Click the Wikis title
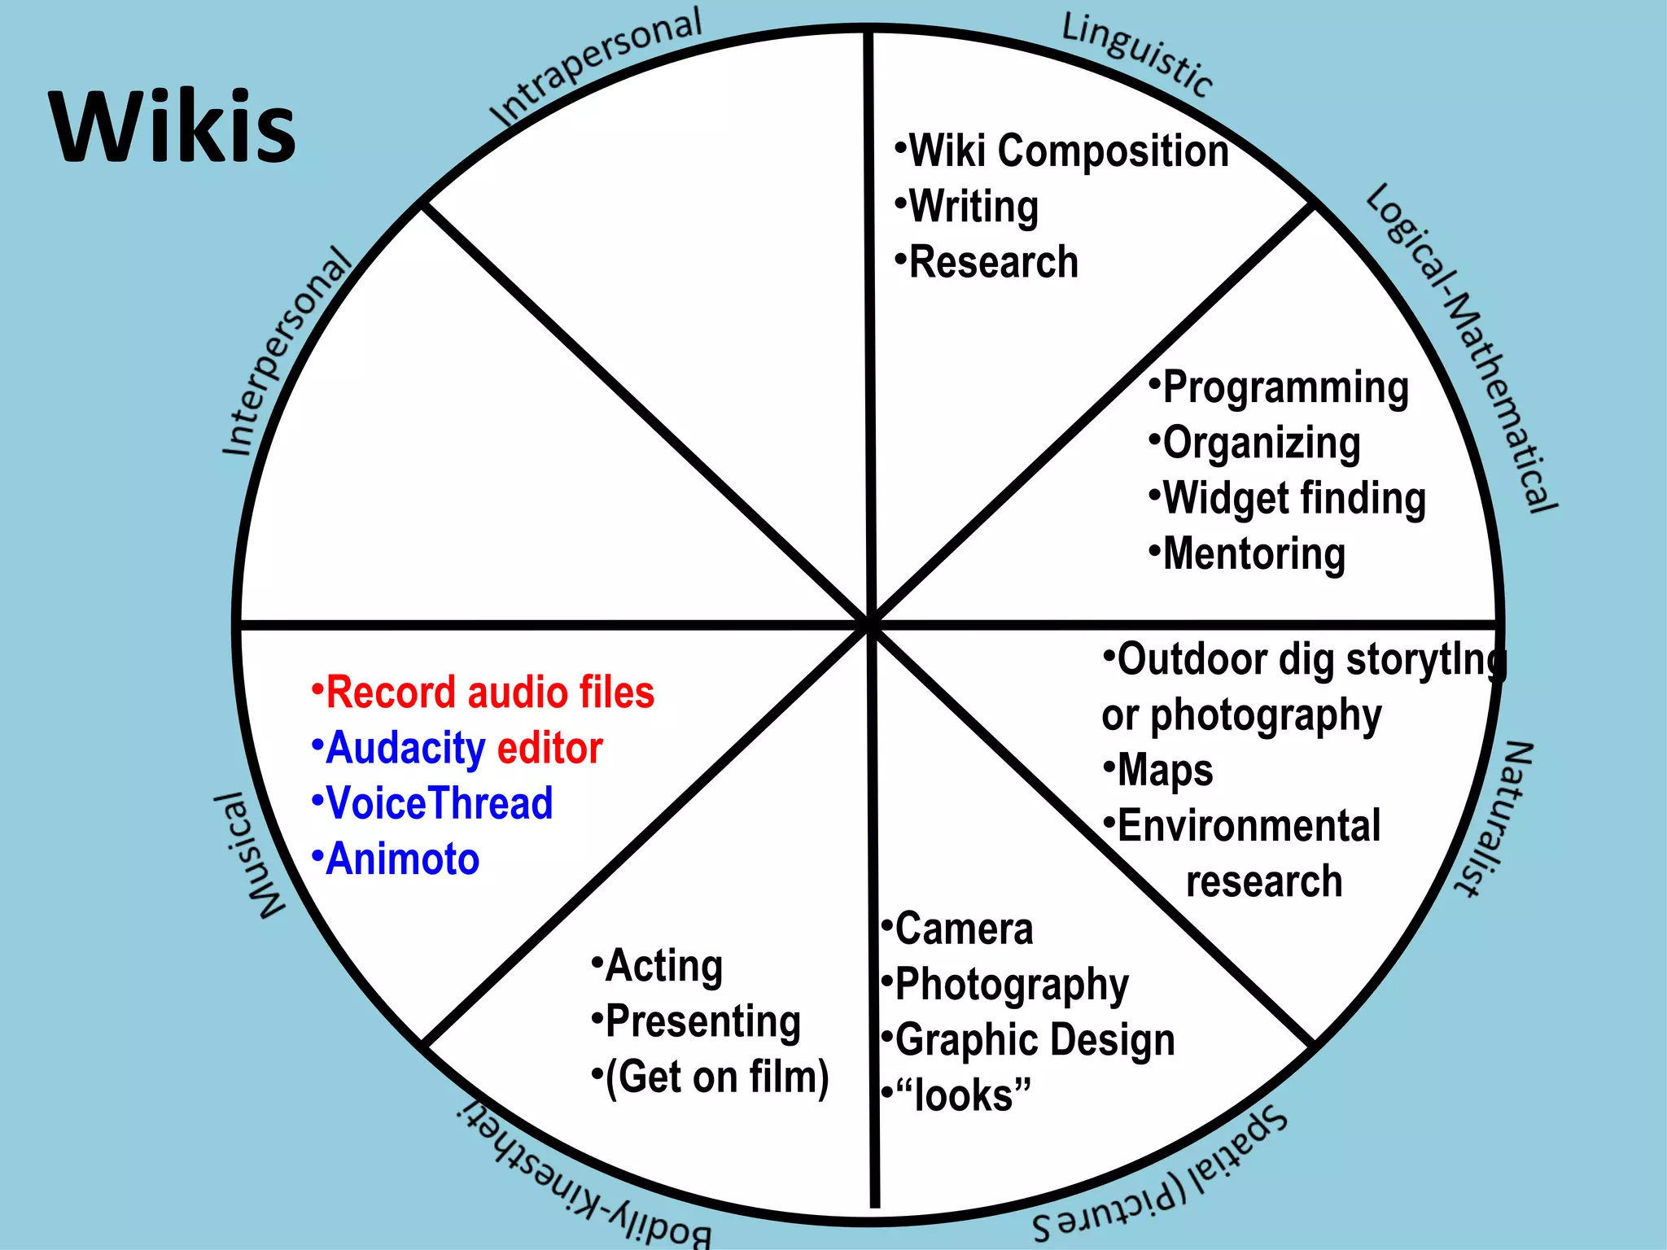(173, 128)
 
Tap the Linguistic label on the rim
(1138, 54)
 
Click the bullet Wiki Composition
(1067, 151)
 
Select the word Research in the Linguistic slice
(993, 262)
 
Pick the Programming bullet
(1284, 387)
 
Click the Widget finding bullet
(1293, 498)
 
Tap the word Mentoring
(1254, 553)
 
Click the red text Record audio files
(489, 693)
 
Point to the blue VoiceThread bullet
(439, 803)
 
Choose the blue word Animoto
(402, 859)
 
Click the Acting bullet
(663, 966)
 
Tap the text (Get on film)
(716, 1077)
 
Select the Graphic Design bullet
(1034, 1040)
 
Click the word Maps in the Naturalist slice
(1165, 770)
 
